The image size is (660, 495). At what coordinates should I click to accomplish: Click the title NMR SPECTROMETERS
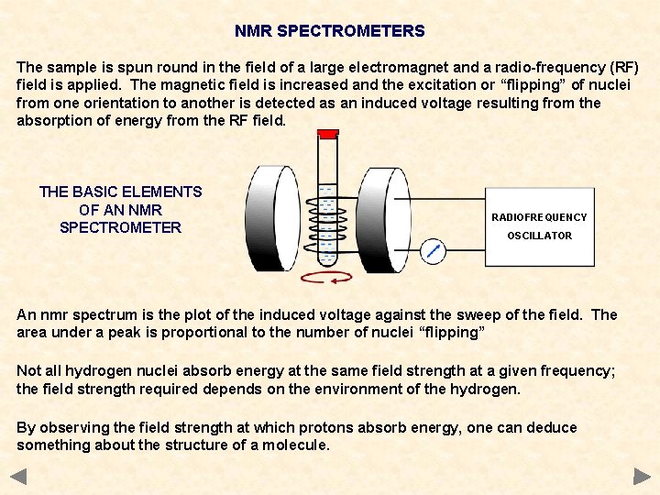point(329,31)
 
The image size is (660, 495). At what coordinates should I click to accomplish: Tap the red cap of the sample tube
point(327,135)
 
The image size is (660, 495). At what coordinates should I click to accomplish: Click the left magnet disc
point(275,217)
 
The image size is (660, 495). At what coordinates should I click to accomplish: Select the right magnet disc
point(386,217)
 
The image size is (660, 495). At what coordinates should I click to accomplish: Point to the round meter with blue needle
point(433,250)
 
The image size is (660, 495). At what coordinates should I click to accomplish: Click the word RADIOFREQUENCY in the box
point(539,217)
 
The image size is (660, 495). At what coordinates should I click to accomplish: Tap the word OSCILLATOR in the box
point(539,236)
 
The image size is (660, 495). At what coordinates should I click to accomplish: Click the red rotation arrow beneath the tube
point(328,278)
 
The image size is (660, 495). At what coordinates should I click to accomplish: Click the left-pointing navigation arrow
point(18,476)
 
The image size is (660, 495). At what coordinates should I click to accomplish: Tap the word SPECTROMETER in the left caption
point(120,227)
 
